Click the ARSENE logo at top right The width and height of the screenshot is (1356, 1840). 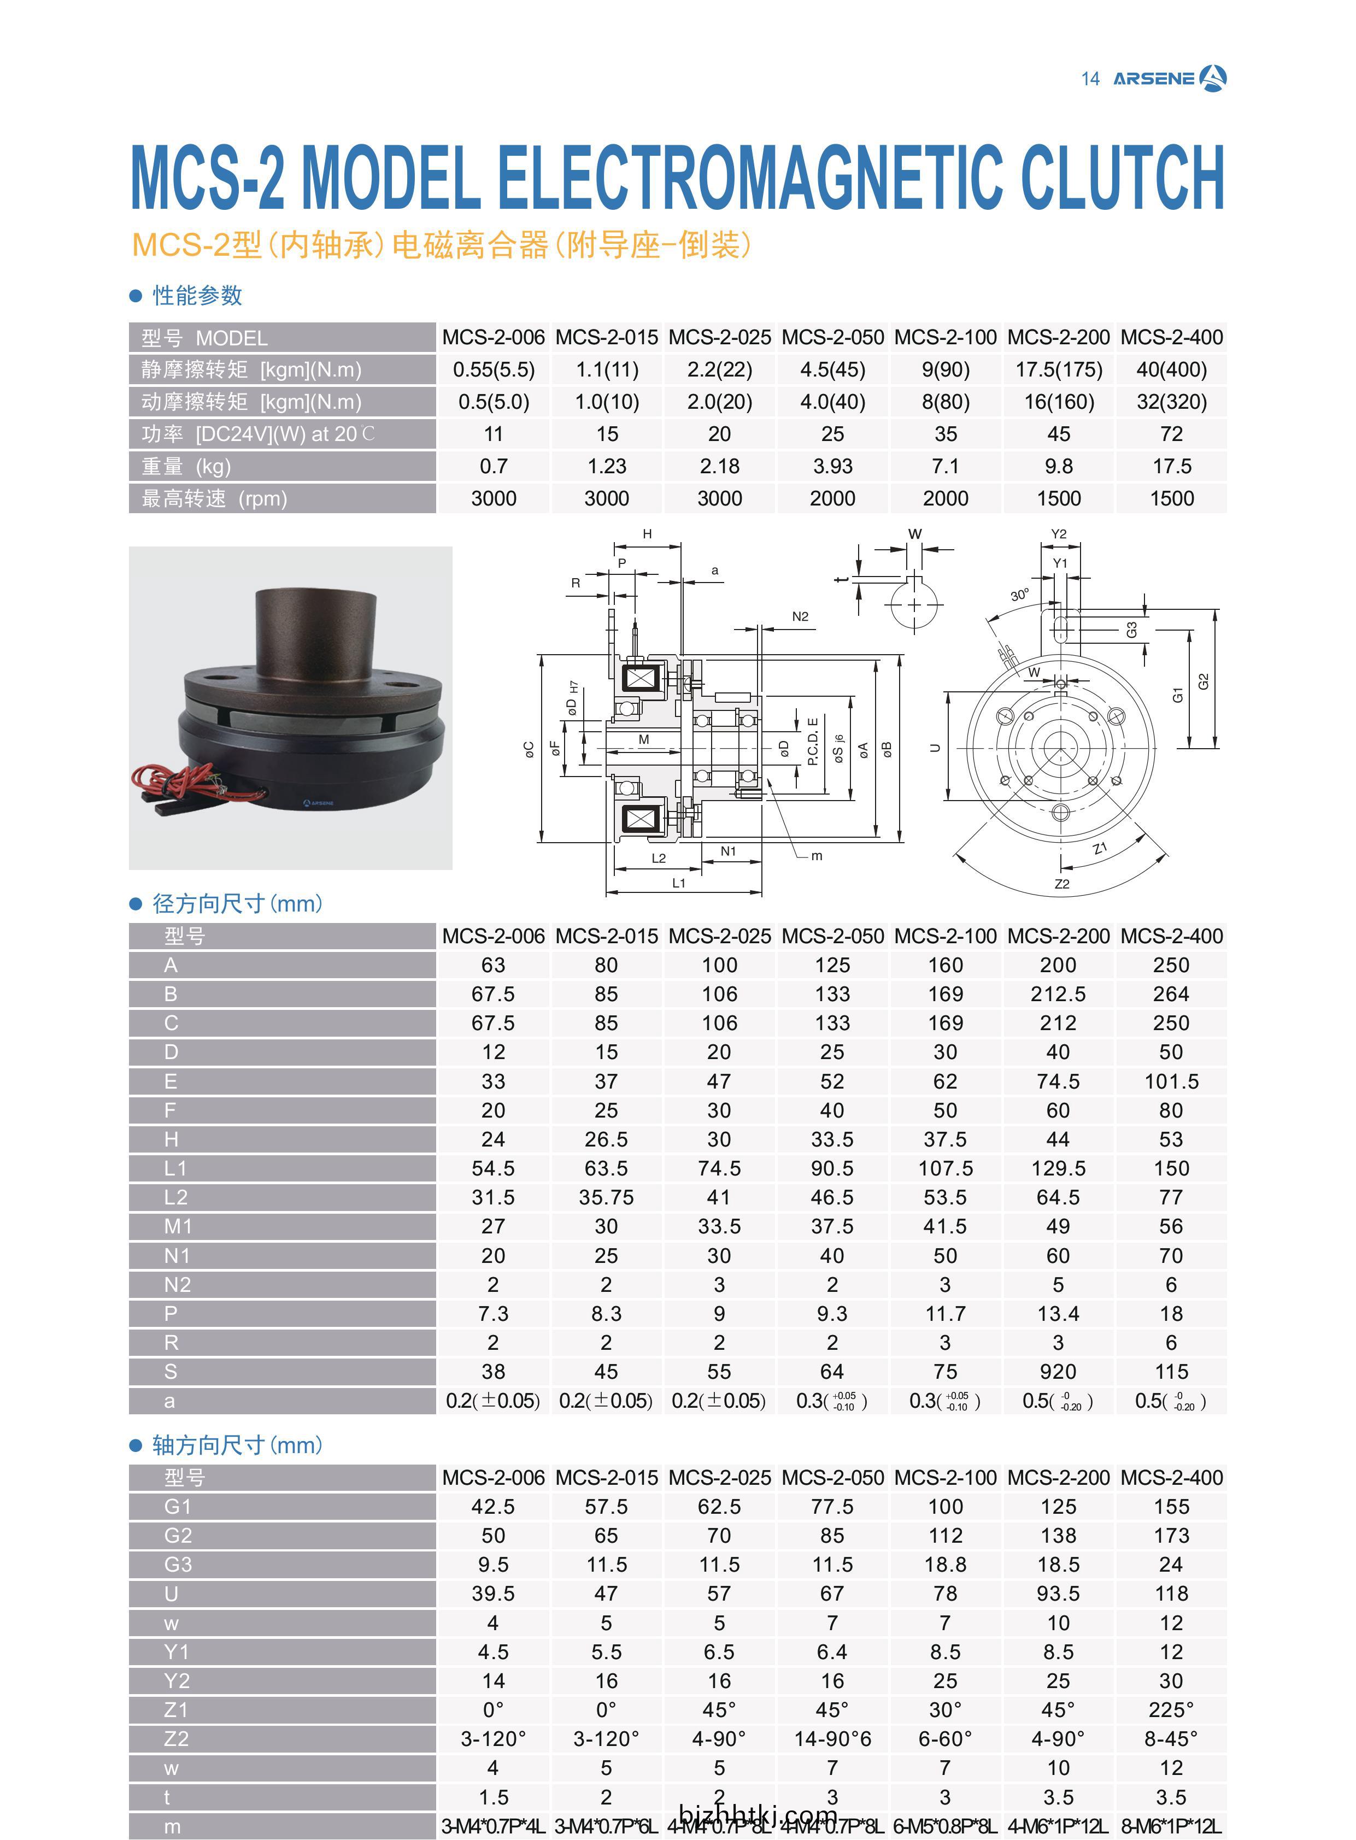pos(1170,79)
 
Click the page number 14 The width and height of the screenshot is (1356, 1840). pos(1090,79)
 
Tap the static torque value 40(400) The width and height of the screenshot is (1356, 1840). pos(1171,369)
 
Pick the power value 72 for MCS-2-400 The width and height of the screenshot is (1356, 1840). pos(1171,434)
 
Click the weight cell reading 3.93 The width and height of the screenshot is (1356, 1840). pos(832,466)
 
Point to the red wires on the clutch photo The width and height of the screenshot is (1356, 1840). pos(177,780)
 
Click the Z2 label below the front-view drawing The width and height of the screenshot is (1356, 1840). pos(1062,884)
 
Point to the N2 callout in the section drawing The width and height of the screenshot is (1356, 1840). pos(800,616)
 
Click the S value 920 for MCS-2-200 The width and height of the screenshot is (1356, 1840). pos(1058,1371)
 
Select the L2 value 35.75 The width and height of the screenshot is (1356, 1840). pos(607,1197)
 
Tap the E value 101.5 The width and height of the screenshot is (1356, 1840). pos(1171,1081)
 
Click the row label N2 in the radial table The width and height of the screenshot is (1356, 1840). pos(177,1284)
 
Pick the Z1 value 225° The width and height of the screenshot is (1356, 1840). pos(1171,1709)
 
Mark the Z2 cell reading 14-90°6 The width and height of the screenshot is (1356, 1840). pos(832,1738)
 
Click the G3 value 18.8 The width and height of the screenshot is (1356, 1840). pos(946,1564)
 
